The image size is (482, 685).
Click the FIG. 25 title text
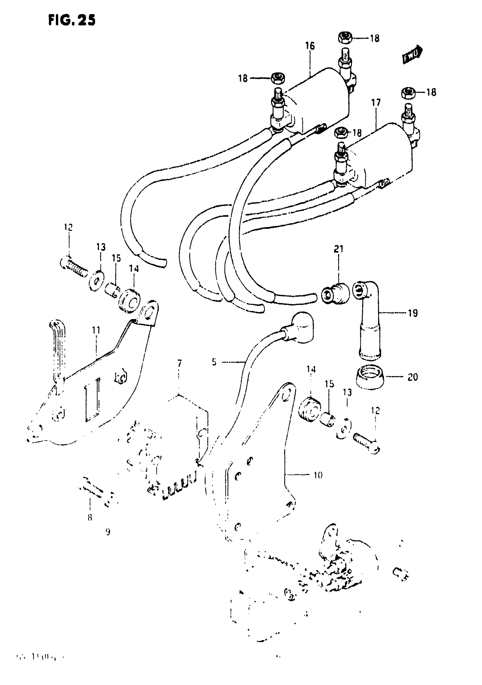(x=72, y=20)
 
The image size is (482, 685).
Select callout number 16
(x=310, y=46)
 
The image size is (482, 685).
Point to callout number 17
(x=376, y=103)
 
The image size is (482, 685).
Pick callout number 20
(x=413, y=377)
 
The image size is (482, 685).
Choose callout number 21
(x=339, y=249)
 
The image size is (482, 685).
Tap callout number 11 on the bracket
(x=96, y=330)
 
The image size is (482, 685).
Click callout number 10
(x=318, y=475)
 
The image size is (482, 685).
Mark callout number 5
(x=214, y=362)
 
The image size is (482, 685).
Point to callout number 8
(x=90, y=517)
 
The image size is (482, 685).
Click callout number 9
(x=108, y=532)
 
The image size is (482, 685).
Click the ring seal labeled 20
(x=369, y=378)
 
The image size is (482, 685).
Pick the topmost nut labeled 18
(x=345, y=38)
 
